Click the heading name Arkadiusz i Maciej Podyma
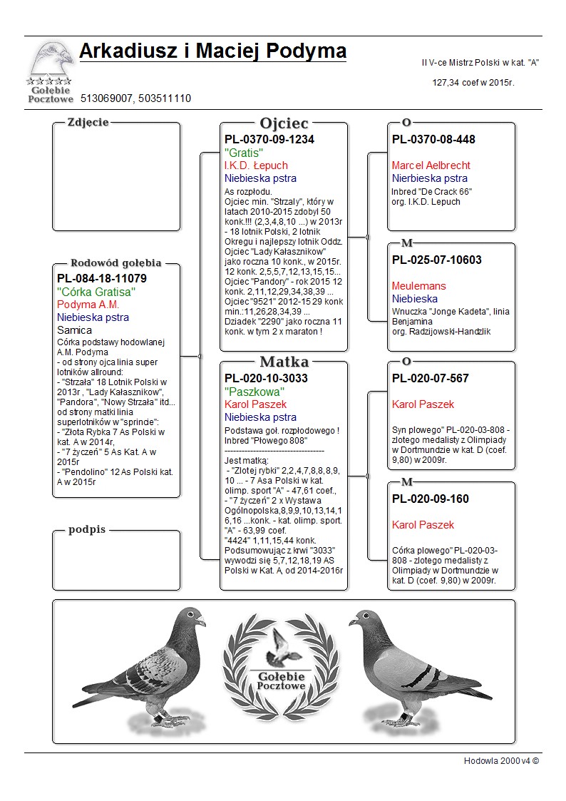click(212, 51)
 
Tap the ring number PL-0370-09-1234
click(269, 140)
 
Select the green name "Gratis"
click(244, 153)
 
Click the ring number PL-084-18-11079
click(101, 278)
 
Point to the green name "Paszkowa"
click(254, 392)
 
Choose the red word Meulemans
click(418, 286)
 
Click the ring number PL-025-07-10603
click(436, 260)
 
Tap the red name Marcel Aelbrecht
click(431, 165)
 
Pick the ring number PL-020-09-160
click(430, 499)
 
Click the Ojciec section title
click(284, 123)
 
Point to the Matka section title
click(284, 362)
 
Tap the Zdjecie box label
click(88, 122)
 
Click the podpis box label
click(87, 530)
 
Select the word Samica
click(74, 330)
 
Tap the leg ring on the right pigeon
click(404, 714)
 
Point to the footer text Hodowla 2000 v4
click(501, 761)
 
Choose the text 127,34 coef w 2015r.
click(473, 83)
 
